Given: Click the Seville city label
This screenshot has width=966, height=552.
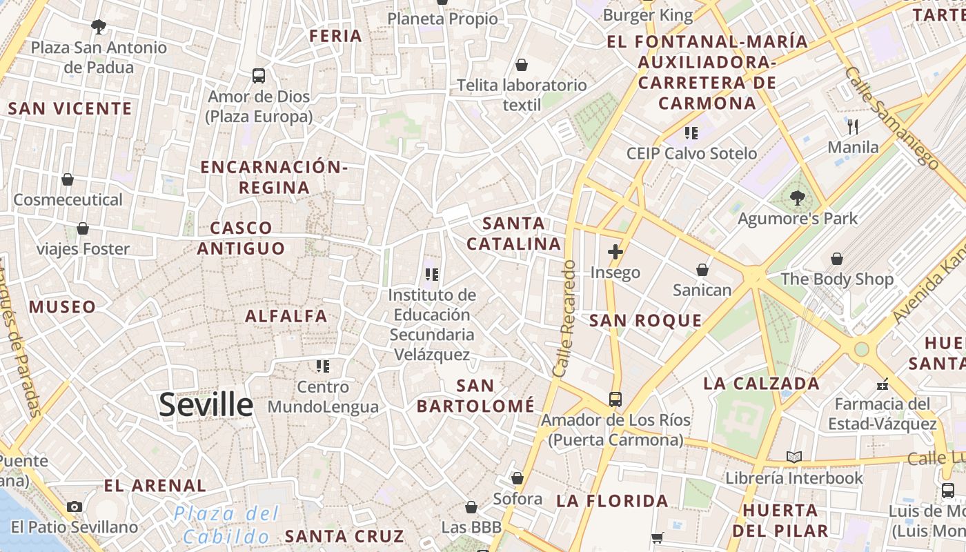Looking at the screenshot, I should (206, 404).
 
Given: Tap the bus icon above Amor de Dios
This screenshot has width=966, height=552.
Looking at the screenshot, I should (259, 75).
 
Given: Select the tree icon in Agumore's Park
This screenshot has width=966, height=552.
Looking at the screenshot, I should (797, 198).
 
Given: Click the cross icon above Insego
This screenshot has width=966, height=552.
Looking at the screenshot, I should (615, 252).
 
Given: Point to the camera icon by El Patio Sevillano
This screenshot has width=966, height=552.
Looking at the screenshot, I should (75, 506).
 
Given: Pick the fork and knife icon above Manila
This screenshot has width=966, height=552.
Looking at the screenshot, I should (853, 126).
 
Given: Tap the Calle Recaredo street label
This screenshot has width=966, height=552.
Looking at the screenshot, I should (564, 318).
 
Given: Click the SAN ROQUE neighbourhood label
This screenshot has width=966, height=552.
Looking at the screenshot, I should (645, 320).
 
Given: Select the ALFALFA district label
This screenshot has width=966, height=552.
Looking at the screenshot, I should (286, 316).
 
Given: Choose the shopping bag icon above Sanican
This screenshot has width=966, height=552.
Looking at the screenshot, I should (702, 269).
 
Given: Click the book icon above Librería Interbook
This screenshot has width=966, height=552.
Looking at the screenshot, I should (794, 457).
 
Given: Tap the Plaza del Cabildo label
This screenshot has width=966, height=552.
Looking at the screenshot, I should (226, 524).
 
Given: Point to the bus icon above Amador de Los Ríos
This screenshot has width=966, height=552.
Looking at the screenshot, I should (615, 399).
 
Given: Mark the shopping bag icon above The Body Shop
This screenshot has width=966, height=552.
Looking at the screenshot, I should (836, 259).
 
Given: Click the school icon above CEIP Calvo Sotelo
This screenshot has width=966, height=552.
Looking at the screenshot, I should (691, 132).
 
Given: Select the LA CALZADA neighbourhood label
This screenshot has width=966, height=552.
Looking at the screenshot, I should (761, 383).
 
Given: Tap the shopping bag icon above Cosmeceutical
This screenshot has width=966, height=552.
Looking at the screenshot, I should (68, 179).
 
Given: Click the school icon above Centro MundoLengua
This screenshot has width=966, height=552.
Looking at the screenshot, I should (322, 366).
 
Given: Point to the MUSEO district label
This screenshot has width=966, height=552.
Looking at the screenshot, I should (62, 306).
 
